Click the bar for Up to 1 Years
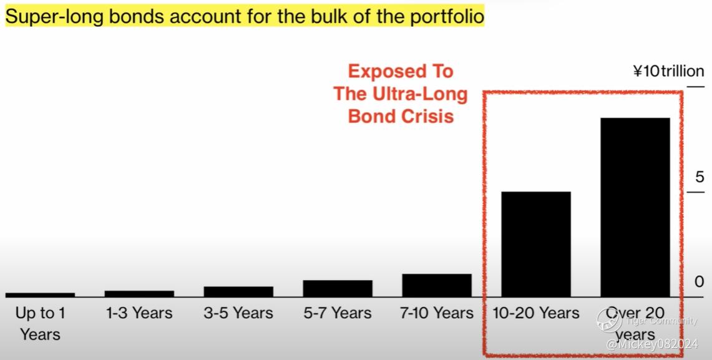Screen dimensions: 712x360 coord(40,294)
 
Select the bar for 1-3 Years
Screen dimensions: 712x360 coord(139,294)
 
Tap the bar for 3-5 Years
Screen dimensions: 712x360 coord(238,291)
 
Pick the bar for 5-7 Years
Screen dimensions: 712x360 coord(338,288)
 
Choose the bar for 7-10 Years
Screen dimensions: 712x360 coord(437,285)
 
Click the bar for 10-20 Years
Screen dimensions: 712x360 coord(536,244)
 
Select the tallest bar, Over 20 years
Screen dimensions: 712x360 coord(635,208)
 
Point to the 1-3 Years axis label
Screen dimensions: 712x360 coord(139,313)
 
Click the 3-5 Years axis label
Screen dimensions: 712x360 coord(238,313)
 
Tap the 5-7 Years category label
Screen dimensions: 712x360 coord(338,313)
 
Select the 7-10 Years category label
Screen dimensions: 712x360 coord(437,313)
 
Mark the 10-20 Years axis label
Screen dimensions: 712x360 coord(536,313)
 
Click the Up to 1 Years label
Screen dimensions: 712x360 coord(40,323)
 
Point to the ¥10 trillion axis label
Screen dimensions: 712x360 coord(668,71)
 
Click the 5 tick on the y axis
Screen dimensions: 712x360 coord(700,177)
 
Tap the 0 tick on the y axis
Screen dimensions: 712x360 coord(700,281)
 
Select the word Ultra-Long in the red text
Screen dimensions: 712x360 coord(420,94)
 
